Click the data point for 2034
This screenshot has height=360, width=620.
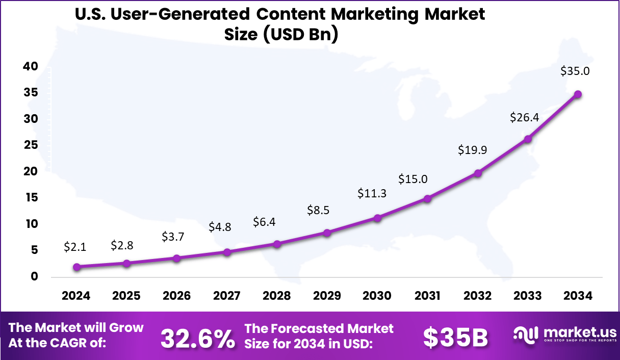pyautogui.click(x=578, y=94)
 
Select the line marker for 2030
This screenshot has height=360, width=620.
pyautogui.click(x=377, y=218)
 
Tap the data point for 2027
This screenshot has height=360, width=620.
pyautogui.click(x=227, y=252)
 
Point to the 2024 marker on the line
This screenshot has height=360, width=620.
pyautogui.click(x=76, y=267)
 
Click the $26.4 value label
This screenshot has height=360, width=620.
pyautogui.click(x=524, y=118)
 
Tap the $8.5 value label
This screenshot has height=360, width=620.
pyautogui.click(x=319, y=210)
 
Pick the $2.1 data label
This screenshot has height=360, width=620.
pyautogui.click(x=75, y=247)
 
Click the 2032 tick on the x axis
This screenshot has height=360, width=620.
pyautogui.click(x=478, y=296)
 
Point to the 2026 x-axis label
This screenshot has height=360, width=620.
pyautogui.click(x=176, y=296)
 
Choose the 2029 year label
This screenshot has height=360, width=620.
pyautogui.click(x=327, y=296)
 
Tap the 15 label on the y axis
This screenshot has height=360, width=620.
pyautogui.click(x=31, y=198)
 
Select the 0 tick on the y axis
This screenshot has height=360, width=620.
pyautogui.click(x=34, y=277)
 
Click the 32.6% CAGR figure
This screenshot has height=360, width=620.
pyautogui.click(x=198, y=338)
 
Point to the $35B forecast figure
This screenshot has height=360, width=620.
pyautogui.click(x=455, y=338)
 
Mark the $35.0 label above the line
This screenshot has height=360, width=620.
pyautogui.click(x=575, y=71)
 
